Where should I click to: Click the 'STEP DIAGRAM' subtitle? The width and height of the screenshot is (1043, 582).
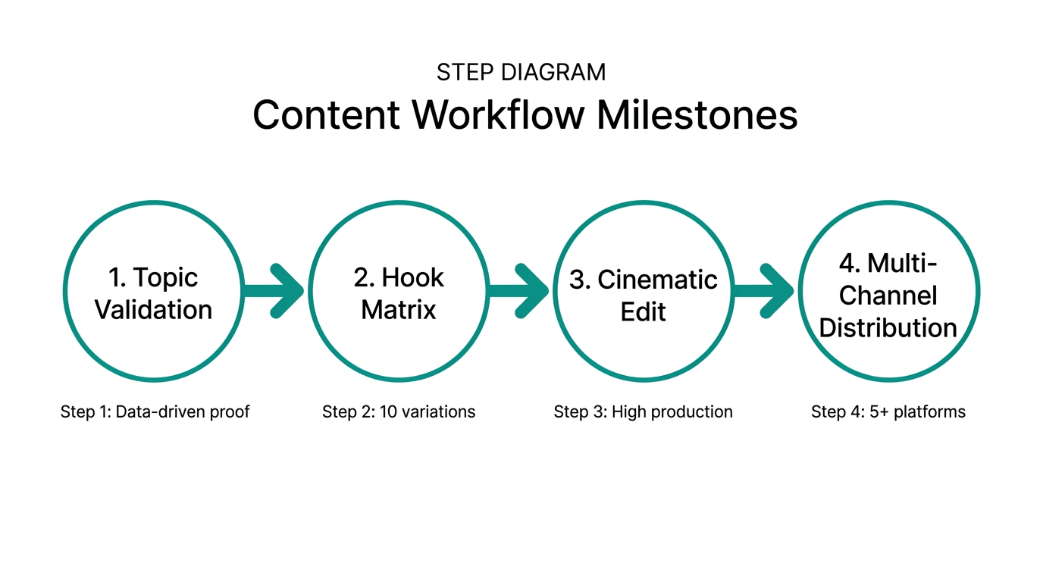coord(521,72)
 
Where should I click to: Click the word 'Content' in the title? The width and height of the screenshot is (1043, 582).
coord(327,115)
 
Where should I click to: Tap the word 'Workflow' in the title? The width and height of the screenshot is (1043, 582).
coord(499,115)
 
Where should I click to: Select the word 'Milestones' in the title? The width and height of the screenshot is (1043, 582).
coord(697,115)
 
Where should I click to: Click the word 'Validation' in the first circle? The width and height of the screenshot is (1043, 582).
coord(153,310)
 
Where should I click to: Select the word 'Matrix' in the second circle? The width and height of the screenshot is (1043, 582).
coord(398,310)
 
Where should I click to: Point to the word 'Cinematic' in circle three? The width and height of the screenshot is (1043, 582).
coord(657,280)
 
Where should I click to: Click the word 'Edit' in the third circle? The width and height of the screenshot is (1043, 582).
coord(643,311)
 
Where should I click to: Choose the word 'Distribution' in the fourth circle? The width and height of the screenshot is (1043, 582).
coord(888,327)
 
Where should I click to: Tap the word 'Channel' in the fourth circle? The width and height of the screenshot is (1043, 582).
coord(888,295)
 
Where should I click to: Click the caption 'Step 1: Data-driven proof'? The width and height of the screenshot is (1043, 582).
coord(155,411)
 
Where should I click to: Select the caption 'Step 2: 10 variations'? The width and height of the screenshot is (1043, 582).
coord(399,411)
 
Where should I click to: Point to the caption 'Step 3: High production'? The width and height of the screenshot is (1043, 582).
coord(643,411)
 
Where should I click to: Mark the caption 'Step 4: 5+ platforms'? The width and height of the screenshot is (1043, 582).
coord(888,411)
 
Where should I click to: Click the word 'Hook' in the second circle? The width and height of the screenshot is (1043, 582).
coord(413,278)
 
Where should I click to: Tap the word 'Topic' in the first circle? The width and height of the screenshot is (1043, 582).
coord(164,278)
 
